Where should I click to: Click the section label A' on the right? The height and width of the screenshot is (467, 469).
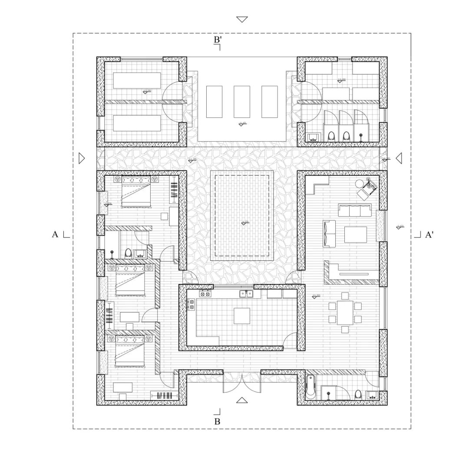tap(429, 235)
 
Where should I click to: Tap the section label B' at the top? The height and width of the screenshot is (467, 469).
tap(218, 40)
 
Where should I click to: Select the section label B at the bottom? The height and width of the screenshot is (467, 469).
tap(217, 421)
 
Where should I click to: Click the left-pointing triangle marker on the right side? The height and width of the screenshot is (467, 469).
tap(399, 158)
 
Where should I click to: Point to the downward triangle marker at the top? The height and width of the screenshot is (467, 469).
tap(242, 19)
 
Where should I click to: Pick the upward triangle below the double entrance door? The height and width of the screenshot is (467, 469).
tap(242, 400)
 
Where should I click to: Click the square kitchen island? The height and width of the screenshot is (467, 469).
tap(242, 316)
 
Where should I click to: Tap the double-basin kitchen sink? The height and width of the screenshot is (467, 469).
tap(246, 294)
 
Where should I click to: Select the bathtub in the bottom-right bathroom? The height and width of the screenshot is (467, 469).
tap(310, 387)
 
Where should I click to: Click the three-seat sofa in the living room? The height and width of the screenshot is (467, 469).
tap(355, 210)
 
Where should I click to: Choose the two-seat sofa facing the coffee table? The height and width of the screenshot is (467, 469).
tap(329, 233)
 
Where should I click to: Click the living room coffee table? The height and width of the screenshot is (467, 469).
tap(355, 234)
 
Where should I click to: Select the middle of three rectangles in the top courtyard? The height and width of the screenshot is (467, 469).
tap(242, 101)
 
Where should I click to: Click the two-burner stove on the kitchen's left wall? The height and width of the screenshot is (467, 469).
tap(191, 304)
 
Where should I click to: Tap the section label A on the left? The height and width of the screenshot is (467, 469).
tap(55, 235)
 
